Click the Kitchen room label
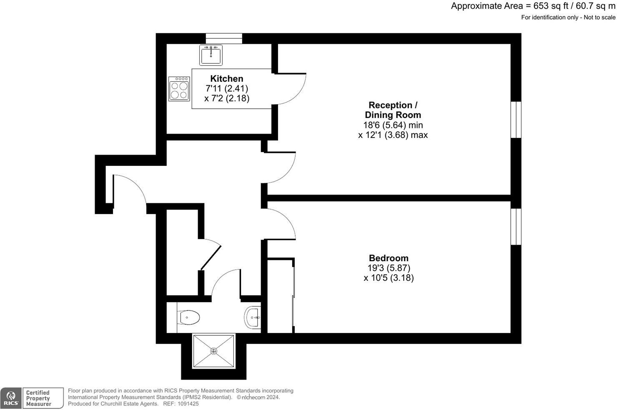226,78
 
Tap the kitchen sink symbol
211,55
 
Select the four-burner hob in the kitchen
179,89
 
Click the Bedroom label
389,258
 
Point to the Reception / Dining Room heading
393,110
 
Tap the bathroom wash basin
253,317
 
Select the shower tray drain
214,351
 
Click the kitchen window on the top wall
224,38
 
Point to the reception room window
516,120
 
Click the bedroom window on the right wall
516,226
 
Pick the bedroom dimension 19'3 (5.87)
389,268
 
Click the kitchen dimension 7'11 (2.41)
227,88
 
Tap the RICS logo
10,398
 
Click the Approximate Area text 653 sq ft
533,6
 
